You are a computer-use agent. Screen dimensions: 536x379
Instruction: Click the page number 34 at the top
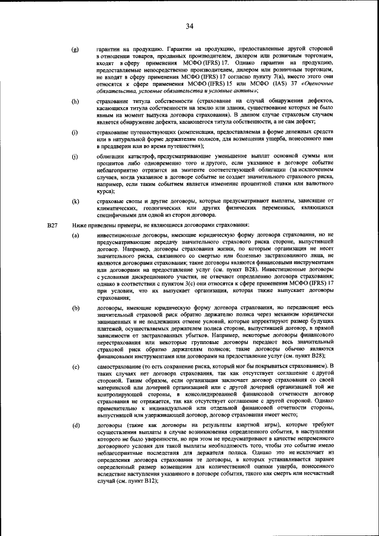pos(189,25)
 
